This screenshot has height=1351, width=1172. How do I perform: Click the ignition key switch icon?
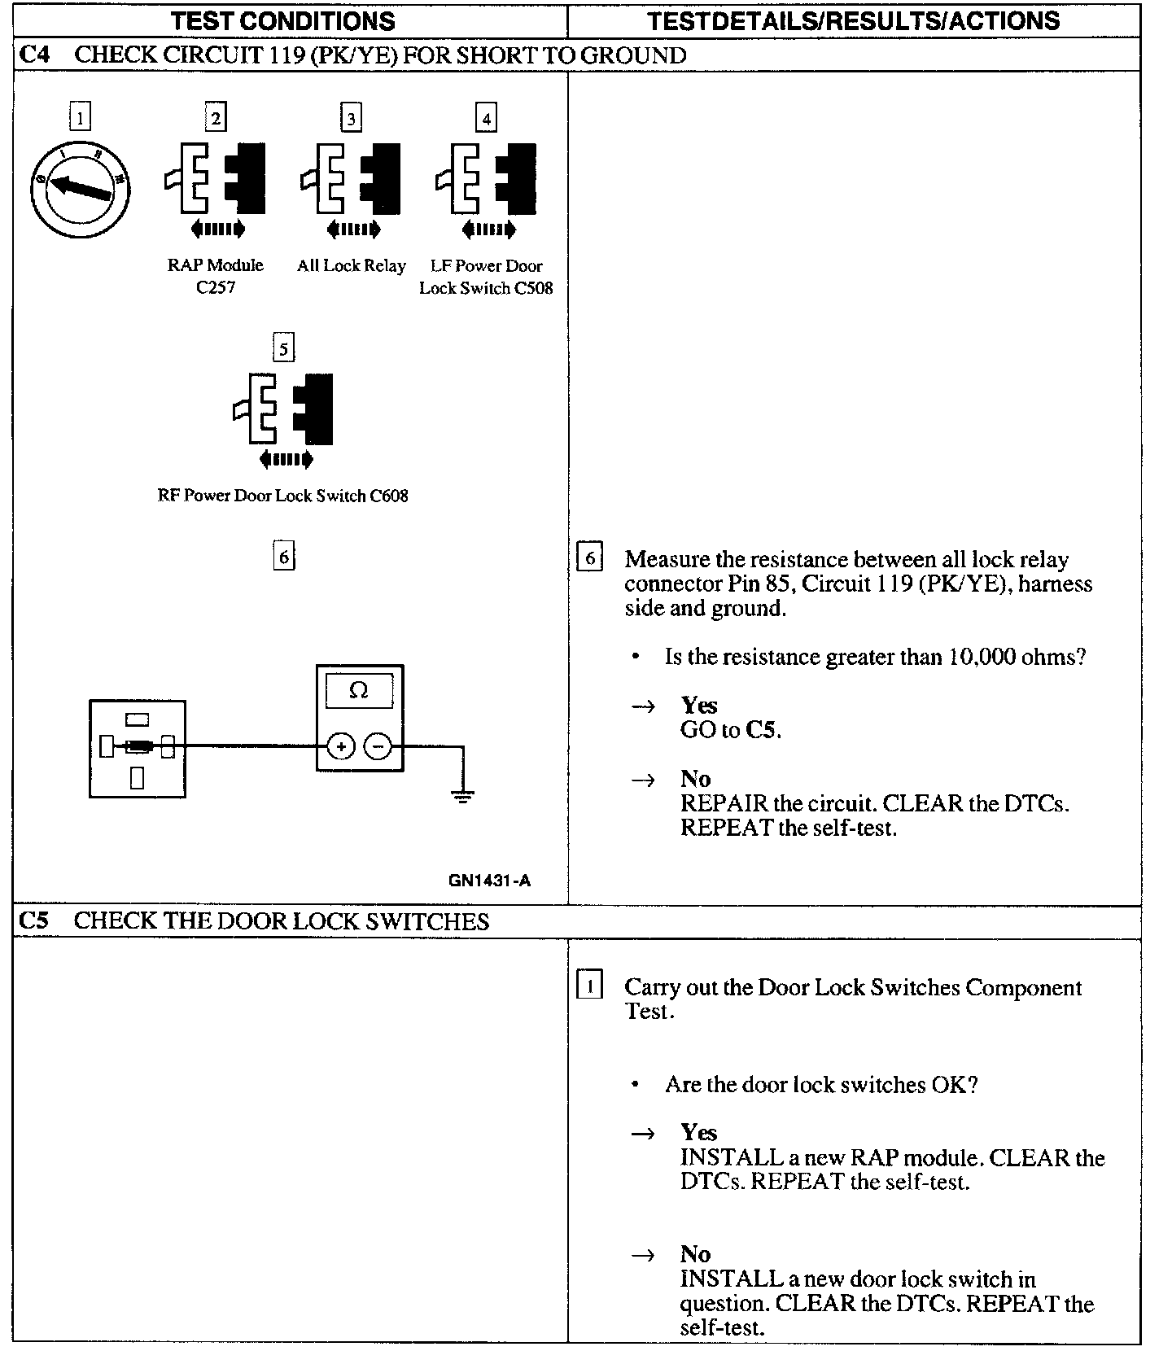(x=80, y=188)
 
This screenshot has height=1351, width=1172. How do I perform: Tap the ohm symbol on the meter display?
(x=358, y=690)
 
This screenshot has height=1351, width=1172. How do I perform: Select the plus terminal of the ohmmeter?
(x=341, y=745)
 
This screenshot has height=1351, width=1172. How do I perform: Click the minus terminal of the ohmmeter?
(x=377, y=745)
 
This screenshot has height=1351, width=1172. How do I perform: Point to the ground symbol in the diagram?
(x=463, y=797)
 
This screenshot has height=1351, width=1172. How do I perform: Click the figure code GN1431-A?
(x=489, y=880)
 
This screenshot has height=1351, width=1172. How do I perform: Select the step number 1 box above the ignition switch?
(x=80, y=117)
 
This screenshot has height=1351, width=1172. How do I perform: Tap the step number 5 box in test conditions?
(x=282, y=349)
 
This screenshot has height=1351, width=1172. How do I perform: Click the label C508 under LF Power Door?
(x=534, y=288)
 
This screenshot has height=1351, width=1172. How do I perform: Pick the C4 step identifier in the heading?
(x=33, y=55)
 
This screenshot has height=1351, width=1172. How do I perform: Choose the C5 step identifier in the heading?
(x=33, y=920)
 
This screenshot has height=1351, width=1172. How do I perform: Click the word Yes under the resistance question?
(x=698, y=705)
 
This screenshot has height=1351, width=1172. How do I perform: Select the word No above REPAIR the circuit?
(x=696, y=778)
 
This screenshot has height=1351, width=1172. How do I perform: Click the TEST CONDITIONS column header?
(x=282, y=20)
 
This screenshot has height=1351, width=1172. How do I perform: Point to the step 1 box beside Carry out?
(x=589, y=986)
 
